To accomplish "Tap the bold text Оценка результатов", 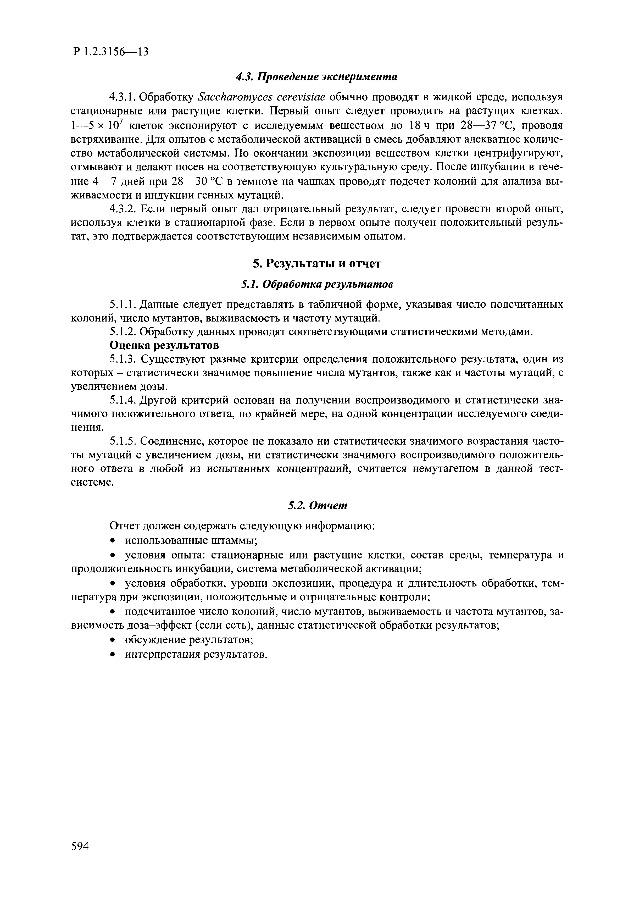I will (x=164, y=345).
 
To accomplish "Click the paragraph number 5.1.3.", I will (x=122, y=359).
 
